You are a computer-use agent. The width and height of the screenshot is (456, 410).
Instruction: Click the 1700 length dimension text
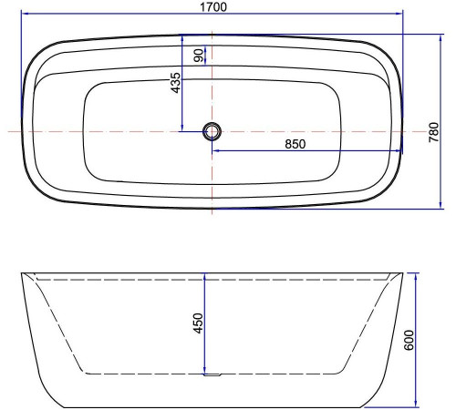[213, 6]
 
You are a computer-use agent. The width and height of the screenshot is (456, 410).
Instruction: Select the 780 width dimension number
[435, 132]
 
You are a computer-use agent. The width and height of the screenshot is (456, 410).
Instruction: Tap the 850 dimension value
[294, 143]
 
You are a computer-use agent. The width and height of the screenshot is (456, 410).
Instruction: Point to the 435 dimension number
[175, 85]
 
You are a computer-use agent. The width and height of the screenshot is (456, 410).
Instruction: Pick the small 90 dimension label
[199, 55]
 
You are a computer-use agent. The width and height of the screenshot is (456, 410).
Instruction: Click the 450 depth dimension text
[198, 323]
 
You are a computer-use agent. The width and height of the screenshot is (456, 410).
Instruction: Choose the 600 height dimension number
[409, 340]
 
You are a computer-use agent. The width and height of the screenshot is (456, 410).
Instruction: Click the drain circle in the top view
[212, 132]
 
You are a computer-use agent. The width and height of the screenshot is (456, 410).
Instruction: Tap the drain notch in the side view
[212, 373]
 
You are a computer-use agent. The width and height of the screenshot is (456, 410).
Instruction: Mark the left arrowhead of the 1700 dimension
[25, 15]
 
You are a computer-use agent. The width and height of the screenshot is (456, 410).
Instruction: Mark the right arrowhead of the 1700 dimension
[400, 15]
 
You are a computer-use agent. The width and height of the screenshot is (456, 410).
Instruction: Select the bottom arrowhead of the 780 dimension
[429, 205]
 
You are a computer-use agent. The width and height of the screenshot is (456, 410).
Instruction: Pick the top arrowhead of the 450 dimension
[205, 275]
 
